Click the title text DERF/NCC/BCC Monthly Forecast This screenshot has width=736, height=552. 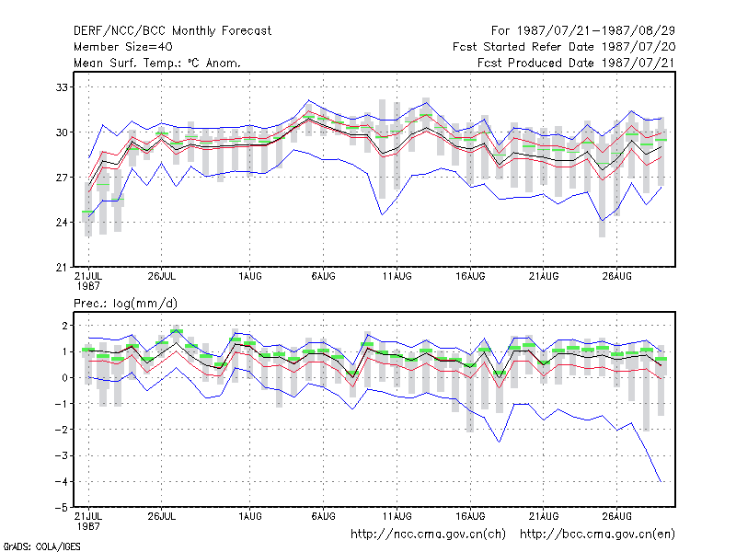[x=172, y=31]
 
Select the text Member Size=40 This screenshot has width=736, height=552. [x=123, y=47]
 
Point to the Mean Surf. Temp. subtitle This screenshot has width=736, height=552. [x=156, y=63]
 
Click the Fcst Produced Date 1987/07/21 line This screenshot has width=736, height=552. [x=576, y=63]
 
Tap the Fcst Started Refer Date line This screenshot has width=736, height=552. [x=564, y=47]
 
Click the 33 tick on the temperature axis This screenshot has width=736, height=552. [x=62, y=87]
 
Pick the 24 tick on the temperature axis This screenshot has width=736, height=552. [x=62, y=222]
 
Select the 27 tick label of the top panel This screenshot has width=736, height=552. [x=62, y=178]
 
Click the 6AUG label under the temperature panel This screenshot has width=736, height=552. [x=324, y=276]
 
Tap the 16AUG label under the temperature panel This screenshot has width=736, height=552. [x=470, y=276]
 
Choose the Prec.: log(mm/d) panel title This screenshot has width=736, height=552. [x=125, y=304]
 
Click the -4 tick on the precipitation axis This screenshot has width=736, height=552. [x=61, y=481]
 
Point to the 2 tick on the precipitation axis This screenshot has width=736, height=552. [x=64, y=326]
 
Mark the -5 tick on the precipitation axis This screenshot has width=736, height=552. [x=61, y=508]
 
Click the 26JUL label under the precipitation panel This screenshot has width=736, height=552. [x=162, y=516]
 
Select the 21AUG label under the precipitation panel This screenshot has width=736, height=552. [x=544, y=516]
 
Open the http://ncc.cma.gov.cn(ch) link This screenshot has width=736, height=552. [x=428, y=535]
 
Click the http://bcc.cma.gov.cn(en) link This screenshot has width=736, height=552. [x=597, y=535]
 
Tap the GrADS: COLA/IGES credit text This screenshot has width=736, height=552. [x=41, y=546]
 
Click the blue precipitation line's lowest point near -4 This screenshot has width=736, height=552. [x=661, y=481]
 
